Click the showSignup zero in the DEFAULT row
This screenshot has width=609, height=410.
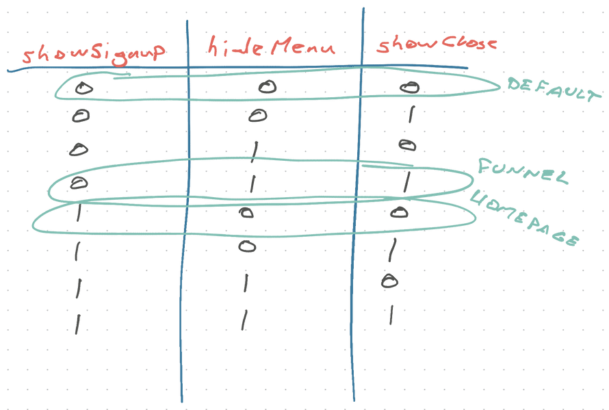[83, 88]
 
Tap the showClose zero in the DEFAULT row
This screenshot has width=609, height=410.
[409, 87]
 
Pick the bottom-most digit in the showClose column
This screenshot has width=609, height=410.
[390, 313]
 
